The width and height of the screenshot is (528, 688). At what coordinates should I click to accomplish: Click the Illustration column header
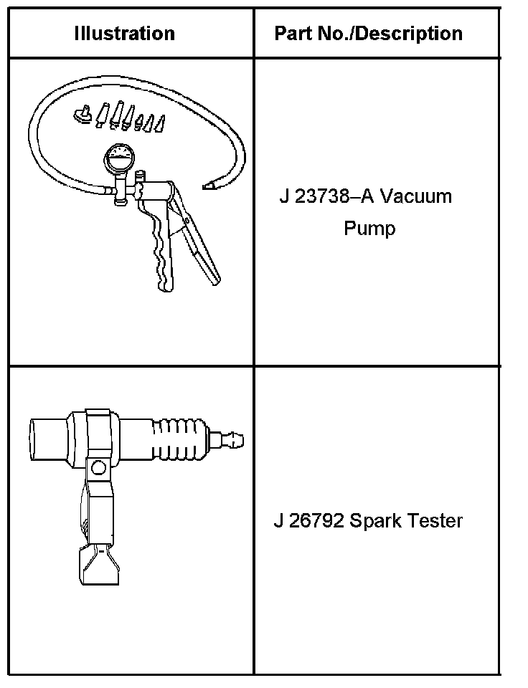124,33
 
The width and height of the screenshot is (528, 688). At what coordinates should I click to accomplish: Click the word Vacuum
416,196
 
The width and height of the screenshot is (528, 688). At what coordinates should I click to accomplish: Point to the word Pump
369,229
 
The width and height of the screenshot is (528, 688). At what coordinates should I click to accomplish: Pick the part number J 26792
308,520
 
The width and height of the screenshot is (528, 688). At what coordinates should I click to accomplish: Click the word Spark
376,520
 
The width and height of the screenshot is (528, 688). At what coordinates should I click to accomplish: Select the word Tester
435,520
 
